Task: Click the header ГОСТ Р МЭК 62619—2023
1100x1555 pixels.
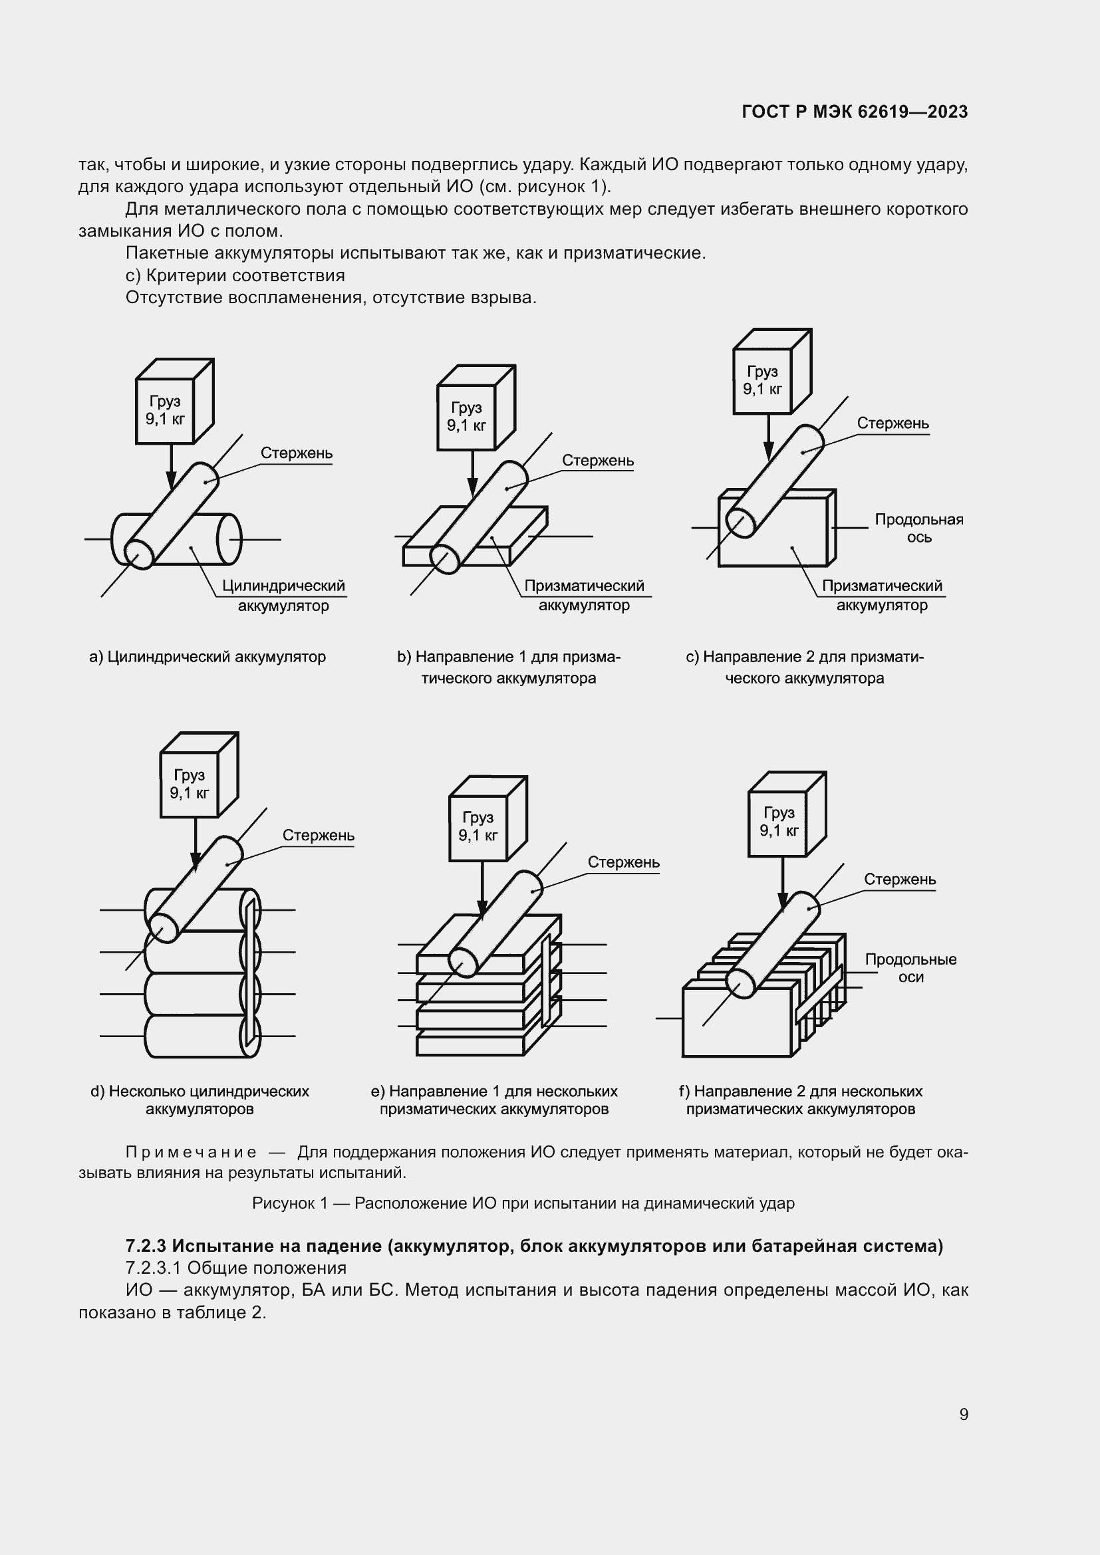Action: click(x=855, y=112)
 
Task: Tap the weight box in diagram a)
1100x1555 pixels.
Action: click(x=166, y=410)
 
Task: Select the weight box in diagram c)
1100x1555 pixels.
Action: click(x=763, y=381)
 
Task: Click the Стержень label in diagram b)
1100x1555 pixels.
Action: click(x=597, y=461)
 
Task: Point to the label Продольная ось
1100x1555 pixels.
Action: click(x=918, y=529)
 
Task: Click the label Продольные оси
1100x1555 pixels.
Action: click(x=910, y=968)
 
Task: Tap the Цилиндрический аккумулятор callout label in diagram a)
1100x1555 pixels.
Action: click(x=284, y=594)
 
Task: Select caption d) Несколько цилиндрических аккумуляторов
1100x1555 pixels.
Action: click(x=200, y=1100)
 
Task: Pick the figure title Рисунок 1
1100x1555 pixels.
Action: click(x=523, y=1203)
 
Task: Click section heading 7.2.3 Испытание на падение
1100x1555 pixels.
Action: click(x=534, y=1245)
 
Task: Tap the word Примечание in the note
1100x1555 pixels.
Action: click(x=191, y=1152)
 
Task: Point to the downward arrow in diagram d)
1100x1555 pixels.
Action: click(x=194, y=844)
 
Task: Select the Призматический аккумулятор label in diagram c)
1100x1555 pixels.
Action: click(x=881, y=594)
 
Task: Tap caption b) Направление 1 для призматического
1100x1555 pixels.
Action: click(x=508, y=667)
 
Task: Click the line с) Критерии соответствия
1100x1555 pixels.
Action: click(x=235, y=276)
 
